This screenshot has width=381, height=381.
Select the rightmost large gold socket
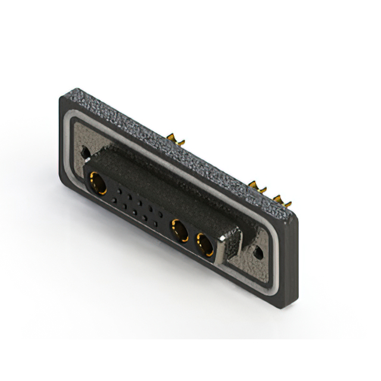(x=205, y=243)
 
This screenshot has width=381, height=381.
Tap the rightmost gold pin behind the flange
(x=284, y=201)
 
